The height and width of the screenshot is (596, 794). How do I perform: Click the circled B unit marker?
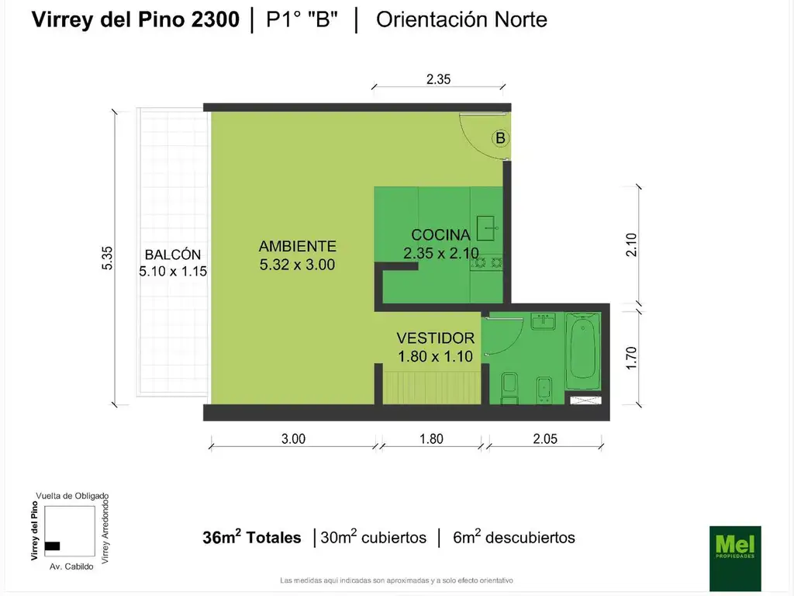point(500,138)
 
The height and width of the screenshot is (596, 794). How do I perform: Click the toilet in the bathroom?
point(509,388)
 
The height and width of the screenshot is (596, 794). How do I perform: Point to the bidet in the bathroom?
point(544,390)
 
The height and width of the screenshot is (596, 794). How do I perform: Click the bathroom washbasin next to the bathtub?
point(543,321)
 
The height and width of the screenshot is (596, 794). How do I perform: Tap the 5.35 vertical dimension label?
point(107,258)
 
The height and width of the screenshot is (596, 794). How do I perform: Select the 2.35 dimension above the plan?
point(438,80)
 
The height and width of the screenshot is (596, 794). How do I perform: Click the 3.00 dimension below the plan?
point(294,439)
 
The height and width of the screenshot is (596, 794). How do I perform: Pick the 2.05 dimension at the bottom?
point(545,439)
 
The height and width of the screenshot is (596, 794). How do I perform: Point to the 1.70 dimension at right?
point(631,358)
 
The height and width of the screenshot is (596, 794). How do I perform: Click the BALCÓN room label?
point(173,255)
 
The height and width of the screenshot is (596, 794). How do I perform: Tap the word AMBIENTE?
point(298,246)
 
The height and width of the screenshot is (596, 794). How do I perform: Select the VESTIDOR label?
point(436,338)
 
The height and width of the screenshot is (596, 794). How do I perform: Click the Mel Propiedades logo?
point(735,558)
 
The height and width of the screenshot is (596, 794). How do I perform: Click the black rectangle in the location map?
point(52,546)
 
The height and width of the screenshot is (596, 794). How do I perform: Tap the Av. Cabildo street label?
point(71,567)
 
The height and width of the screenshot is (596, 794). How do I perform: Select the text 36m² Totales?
point(252,537)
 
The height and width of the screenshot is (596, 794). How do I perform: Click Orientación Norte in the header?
point(461,19)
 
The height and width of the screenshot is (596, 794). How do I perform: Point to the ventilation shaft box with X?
point(586,400)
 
